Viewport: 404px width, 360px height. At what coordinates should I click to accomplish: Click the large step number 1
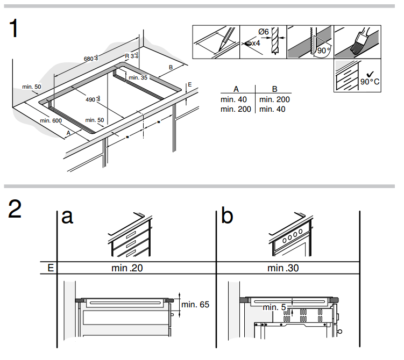point(13,28)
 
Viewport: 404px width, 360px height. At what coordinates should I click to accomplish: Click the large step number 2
point(15,209)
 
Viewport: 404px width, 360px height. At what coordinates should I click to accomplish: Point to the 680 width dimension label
point(91,58)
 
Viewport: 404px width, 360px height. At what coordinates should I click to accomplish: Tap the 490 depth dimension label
point(93,99)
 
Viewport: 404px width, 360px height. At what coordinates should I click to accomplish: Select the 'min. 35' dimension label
point(138,77)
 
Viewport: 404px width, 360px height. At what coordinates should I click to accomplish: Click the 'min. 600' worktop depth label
point(51,120)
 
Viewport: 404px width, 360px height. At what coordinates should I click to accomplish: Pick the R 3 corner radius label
point(132,55)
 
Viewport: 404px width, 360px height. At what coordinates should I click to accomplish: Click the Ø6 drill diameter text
point(264,32)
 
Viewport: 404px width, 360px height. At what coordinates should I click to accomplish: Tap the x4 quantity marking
point(256,43)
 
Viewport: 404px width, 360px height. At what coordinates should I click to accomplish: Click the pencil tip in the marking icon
point(219,51)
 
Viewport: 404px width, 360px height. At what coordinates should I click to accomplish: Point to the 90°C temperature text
point(370,82)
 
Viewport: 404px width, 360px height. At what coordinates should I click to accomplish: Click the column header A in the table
point(236,89)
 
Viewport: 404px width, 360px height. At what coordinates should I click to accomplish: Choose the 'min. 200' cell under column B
point(274,99)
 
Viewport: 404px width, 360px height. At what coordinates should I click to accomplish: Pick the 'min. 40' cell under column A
point(233,99)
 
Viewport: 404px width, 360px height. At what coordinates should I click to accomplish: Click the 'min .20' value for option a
point(127,268)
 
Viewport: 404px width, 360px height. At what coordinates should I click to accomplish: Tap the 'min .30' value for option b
point(283,268)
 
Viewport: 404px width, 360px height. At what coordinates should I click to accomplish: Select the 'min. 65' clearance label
point(195,305)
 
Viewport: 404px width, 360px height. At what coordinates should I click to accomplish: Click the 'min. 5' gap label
point(274,307)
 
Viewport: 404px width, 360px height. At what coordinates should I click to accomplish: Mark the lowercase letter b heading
point(227,215)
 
